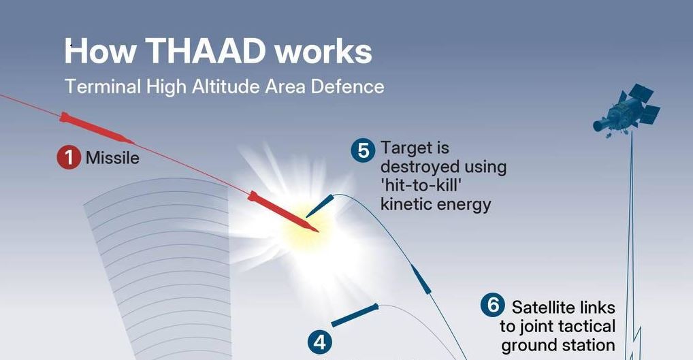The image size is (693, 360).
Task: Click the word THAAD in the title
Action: pyautogui.click(x=205, y=51)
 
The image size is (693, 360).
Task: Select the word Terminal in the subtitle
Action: pyautogui.click(x=103, y=86)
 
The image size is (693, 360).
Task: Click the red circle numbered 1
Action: pyautogui.click(x=69, y=157)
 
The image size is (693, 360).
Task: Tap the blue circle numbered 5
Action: pyautogui.click(x=363, y=150)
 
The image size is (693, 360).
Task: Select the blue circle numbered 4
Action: pyautogui.click(x=319, y=343)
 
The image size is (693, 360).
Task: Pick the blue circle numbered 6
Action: pyautogui.click(x=493, y=306)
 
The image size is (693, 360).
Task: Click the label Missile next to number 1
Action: pyautogui.click(x=112, y=158)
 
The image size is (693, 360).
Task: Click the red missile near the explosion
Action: pyautogui.click(x=283, y=211)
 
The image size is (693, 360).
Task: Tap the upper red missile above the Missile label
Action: pyautogui.click(x=97, y=128)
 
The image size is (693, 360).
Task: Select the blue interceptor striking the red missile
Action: pyautogui.click(x=319, y=206)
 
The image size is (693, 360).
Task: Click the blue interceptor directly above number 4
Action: pyautogui.click(x=355, y=315)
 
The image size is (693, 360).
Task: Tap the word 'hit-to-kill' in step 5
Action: pyautogui.click(x=421, y=185)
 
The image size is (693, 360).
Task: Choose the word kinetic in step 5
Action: pyautogui.click(x=406, y=204)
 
